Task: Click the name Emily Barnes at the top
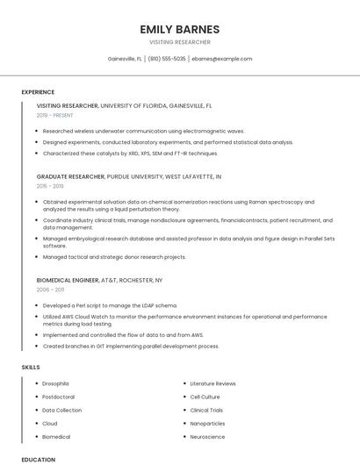[180, 29]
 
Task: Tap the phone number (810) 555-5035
[167, 59]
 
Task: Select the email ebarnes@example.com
[222, 59]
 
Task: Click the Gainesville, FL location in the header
[125, 59]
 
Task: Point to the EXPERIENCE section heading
[38, 92]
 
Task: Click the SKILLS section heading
[30, 367]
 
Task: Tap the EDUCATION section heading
[38, 459]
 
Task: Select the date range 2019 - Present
[55, 115]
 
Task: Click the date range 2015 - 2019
[50, 186]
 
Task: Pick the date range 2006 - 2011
[50, 289]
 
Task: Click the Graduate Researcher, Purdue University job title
[128, 176]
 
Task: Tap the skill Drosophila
[55, 383]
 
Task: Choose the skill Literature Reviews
[212, 383]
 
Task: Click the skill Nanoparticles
[207, 424]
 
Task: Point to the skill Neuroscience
[207, 437]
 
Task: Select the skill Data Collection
[61, 410]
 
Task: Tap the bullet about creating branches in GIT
[130, 347]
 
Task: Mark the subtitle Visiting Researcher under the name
[180, 42]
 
